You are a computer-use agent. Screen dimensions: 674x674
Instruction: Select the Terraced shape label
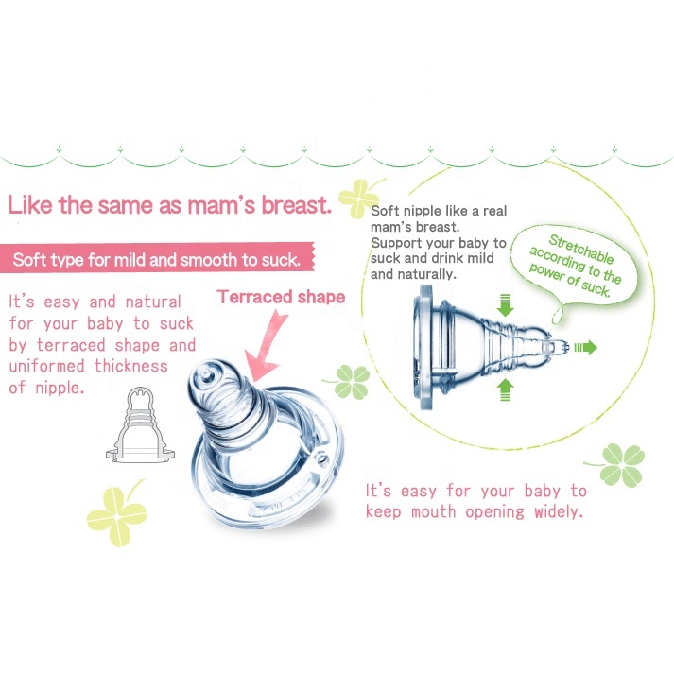(281, 297)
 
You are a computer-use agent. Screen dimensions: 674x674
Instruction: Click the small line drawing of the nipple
(140, 424)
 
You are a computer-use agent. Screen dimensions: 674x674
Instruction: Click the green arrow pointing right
(587, 348)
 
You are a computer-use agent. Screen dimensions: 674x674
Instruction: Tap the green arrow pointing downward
(504, 305)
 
